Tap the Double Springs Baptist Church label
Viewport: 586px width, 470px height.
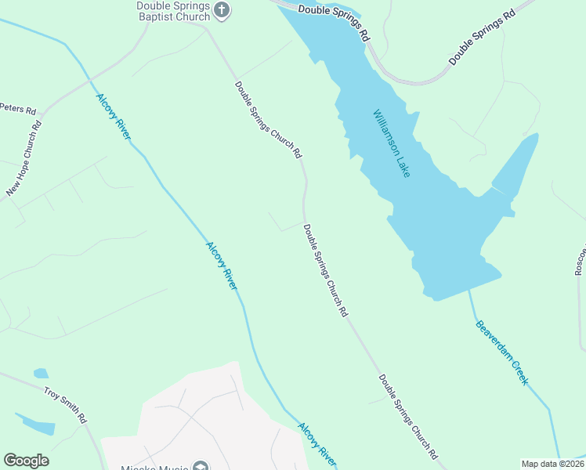point(173,11)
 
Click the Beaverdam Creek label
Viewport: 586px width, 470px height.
point(501,352)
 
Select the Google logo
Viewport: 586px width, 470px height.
point(26,461)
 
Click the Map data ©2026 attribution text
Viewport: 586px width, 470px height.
point(552,464)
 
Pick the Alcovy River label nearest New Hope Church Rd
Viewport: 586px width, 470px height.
point(113,117)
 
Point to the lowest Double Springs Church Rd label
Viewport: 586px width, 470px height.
point(407,416)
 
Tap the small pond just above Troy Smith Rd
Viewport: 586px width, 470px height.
point(41,374)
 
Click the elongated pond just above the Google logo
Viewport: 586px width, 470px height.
point(37,425)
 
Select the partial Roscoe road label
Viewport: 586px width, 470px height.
point(580,258)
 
